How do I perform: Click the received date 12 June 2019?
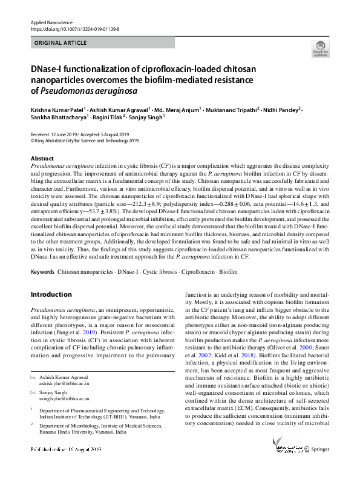(67, 134)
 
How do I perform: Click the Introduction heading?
(51, 294)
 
